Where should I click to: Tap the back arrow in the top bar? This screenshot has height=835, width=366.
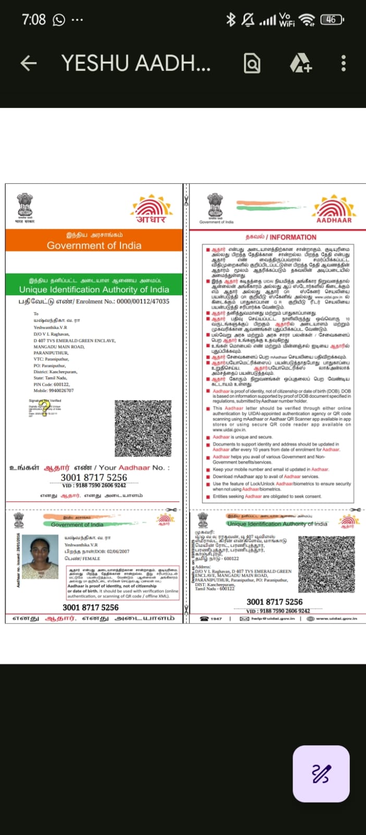(x=29, y=64)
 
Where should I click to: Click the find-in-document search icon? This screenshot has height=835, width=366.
(x=252, y=64)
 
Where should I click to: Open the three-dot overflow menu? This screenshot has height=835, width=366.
(x=343, y=64)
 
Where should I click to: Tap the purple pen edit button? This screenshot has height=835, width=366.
(x=321, y=773)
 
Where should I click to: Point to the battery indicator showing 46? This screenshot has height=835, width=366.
(x=332, y=20)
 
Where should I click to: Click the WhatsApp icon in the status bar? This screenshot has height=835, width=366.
(x=59, y=20)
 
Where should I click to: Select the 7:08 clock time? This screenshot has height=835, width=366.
(x=34, y=20)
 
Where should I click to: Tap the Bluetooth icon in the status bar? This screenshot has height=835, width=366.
(x=230, y=20)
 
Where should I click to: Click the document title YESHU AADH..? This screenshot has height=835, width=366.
(x=136, y=64)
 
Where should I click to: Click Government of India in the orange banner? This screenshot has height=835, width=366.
(x=94, y=245)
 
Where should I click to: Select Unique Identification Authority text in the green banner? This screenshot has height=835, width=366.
(x=94, y=290)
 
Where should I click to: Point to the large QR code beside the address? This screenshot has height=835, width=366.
(x=142, y=428)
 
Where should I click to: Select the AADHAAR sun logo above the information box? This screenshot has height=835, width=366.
(x=334, y=208)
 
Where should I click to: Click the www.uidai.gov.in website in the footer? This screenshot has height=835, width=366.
(x=336, y=618)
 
